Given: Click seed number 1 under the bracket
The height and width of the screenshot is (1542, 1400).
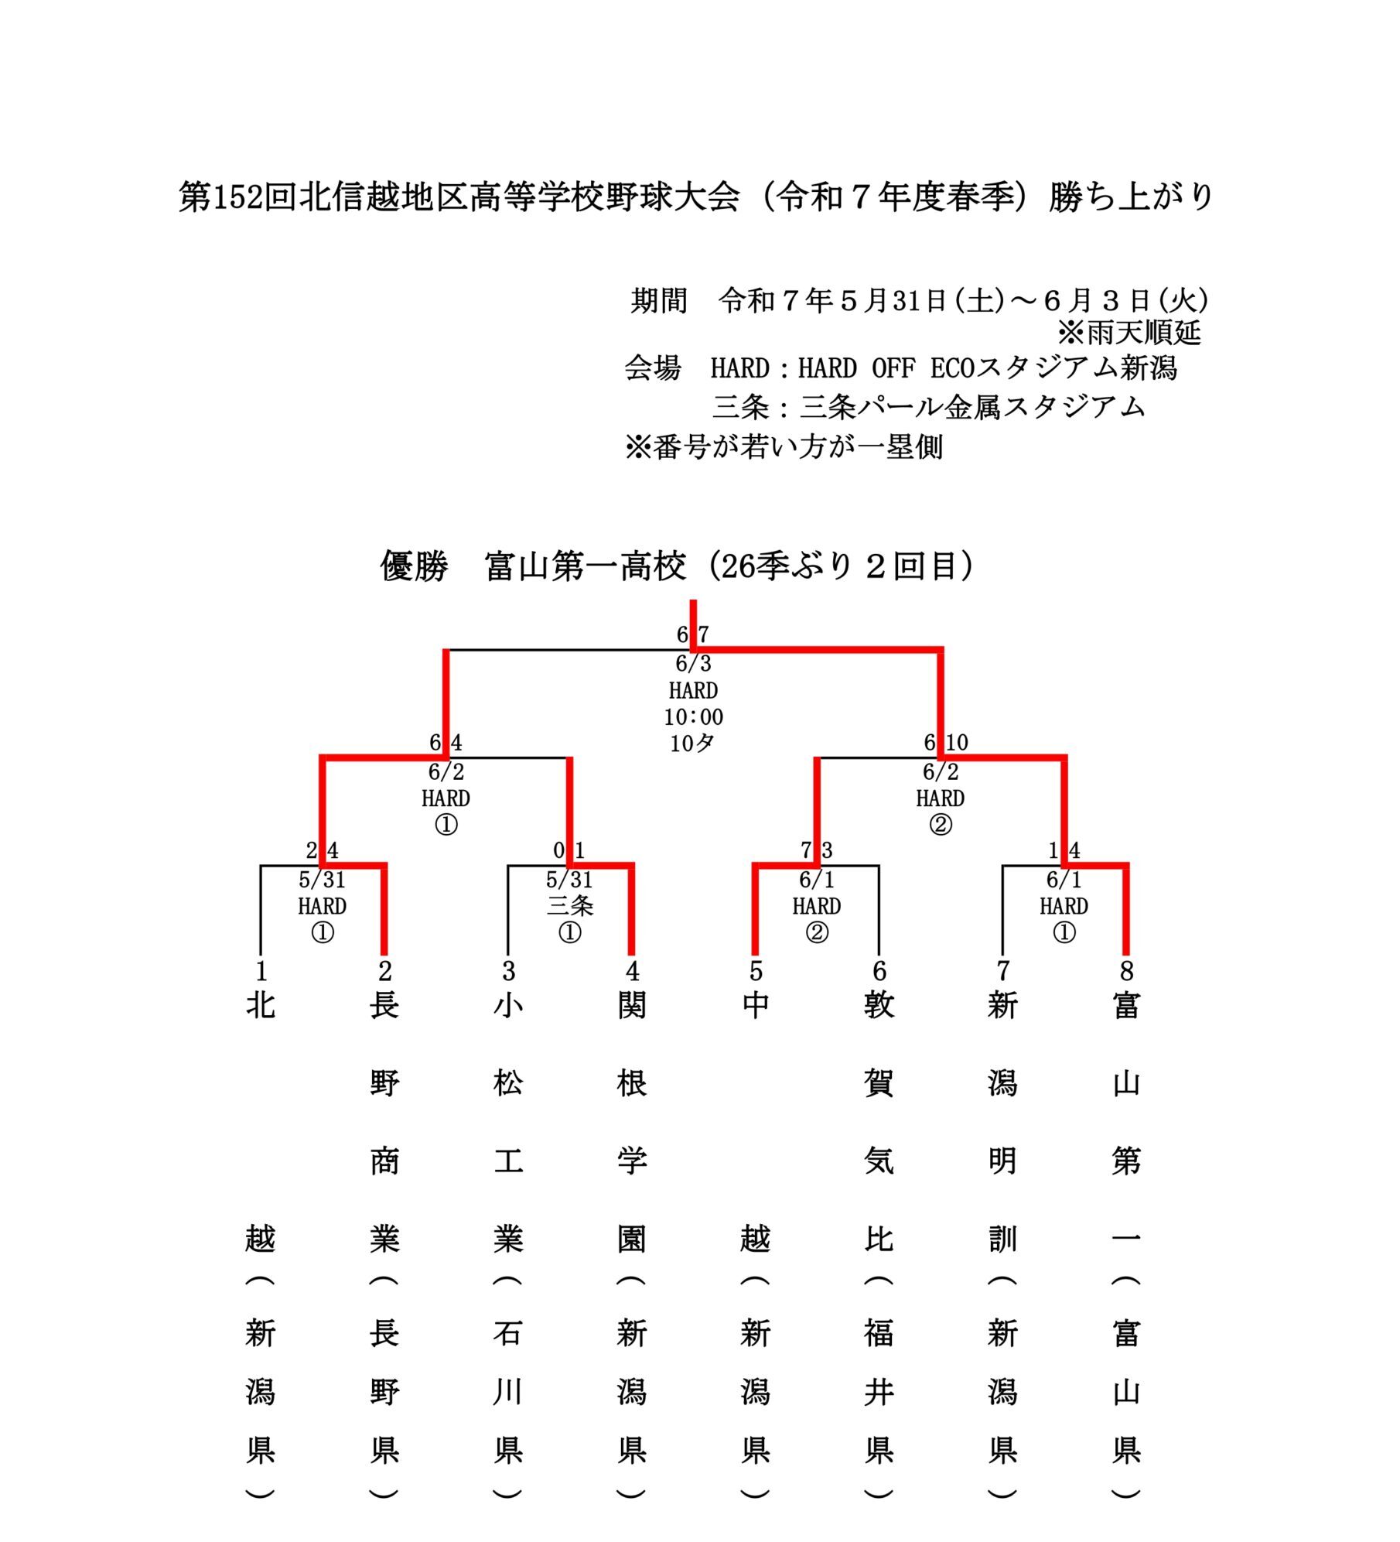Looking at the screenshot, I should click(x=261, y=970).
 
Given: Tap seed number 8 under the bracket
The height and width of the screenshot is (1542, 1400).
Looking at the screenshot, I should click(x=1126, y=970).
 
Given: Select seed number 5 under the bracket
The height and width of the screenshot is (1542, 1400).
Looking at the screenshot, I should click(x=756, y=970).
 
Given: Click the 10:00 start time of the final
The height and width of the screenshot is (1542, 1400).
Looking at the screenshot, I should click(x=693, y=716).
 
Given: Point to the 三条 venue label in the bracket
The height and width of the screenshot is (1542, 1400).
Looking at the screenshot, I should click(x=569, y=905).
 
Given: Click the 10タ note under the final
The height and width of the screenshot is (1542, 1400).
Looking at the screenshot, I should click(x=692, y=744).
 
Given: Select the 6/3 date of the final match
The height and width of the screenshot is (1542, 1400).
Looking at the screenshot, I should click(x=693, y=663).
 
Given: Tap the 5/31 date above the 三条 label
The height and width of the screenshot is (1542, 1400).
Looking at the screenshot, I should click(x=569, y=880).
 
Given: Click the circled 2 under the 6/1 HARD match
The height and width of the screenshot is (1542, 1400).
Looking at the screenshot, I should click(x=817, y=933).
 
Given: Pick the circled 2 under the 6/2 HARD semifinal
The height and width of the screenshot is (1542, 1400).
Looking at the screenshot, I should click(x=941, y=825).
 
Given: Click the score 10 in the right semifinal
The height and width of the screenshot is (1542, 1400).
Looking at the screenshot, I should click(x=957, y=743).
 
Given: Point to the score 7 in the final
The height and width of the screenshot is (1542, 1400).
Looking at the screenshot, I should click(x=703, y=634).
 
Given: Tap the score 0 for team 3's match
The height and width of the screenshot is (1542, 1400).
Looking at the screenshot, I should click(x=558, y=851).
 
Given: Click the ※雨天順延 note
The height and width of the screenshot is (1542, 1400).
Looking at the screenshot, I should click(x=1129, y=333).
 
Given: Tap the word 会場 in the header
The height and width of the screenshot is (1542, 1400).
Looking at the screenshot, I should click(x=653, y=368).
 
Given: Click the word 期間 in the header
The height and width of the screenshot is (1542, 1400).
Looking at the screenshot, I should click(x=659, y=300).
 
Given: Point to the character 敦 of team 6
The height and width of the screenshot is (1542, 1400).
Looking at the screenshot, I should click(x=879, y=1006).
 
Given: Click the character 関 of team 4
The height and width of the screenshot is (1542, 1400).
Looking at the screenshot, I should click(x=632, y=1006).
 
